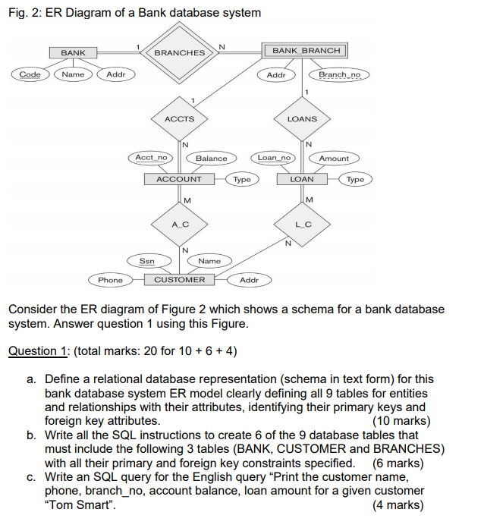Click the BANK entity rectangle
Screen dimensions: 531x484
(x=74, y=52)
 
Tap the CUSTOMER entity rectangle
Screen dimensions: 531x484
(x=180, y=280)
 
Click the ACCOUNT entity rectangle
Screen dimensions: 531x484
(x=179, y=179)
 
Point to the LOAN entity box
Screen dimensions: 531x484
(x=302, y=179)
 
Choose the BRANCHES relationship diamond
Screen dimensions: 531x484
(x=180, y=52)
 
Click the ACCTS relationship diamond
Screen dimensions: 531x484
(x=180, y=119)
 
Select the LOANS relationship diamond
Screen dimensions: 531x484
(x=302, y=119)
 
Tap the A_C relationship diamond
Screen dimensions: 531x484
(x=180, y=225)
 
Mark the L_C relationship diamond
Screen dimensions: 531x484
(x=303, y=225)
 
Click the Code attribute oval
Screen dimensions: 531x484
(x=30, y=74)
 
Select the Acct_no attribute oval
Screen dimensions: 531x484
(x=149, y=158)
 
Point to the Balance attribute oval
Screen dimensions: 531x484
(x=212, y=159)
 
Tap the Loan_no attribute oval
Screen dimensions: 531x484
(x=274, y=158)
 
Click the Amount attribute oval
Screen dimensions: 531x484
(x=334, y=159)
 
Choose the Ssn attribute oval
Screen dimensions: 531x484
(x=147, y=260)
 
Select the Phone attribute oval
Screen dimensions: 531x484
(x=110, y=280)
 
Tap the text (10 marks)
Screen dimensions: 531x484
(x=401, y=421)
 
